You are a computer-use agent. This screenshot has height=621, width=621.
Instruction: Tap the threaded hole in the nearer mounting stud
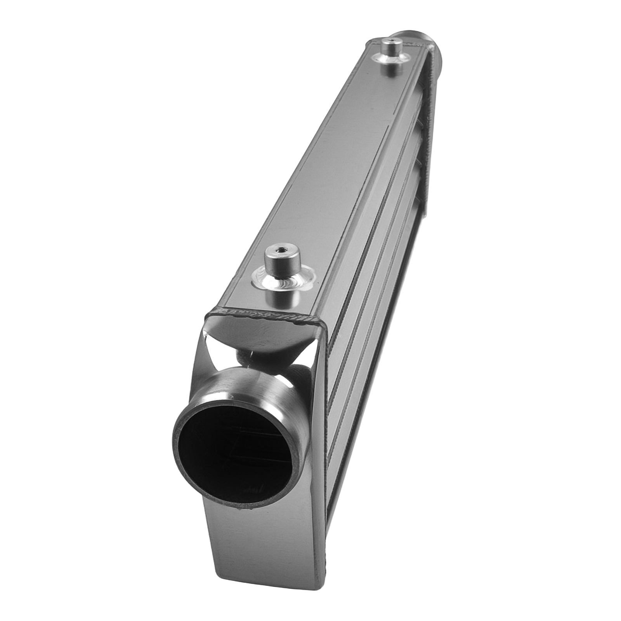click(x=279, y=253)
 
